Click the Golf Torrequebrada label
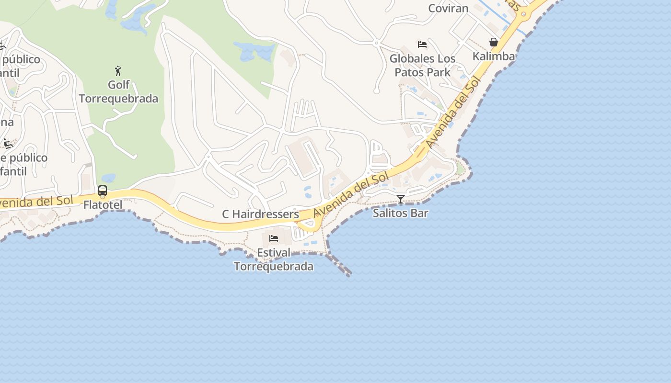coord(118,91)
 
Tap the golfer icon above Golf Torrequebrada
coord(118,71)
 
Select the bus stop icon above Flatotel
coord(103,191)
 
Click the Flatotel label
coord(103,205)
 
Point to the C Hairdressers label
coord(260,214)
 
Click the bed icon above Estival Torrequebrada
coord(274,238)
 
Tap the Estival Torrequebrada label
coord(274,259)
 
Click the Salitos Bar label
coord(400,213)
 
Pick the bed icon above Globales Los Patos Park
coord(422,45)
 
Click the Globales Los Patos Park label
coord(422,65)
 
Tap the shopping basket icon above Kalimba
coord(494,43)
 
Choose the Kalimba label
coord(494,56)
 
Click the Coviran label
coord(448,8)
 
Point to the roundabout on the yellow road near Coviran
coord(523,14)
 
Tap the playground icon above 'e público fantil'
coord(8,143)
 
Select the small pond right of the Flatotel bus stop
coord(108,178)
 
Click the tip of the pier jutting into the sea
coord(349,274)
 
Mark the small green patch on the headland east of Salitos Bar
coord(460,169)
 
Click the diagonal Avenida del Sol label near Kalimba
coord(452,113)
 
